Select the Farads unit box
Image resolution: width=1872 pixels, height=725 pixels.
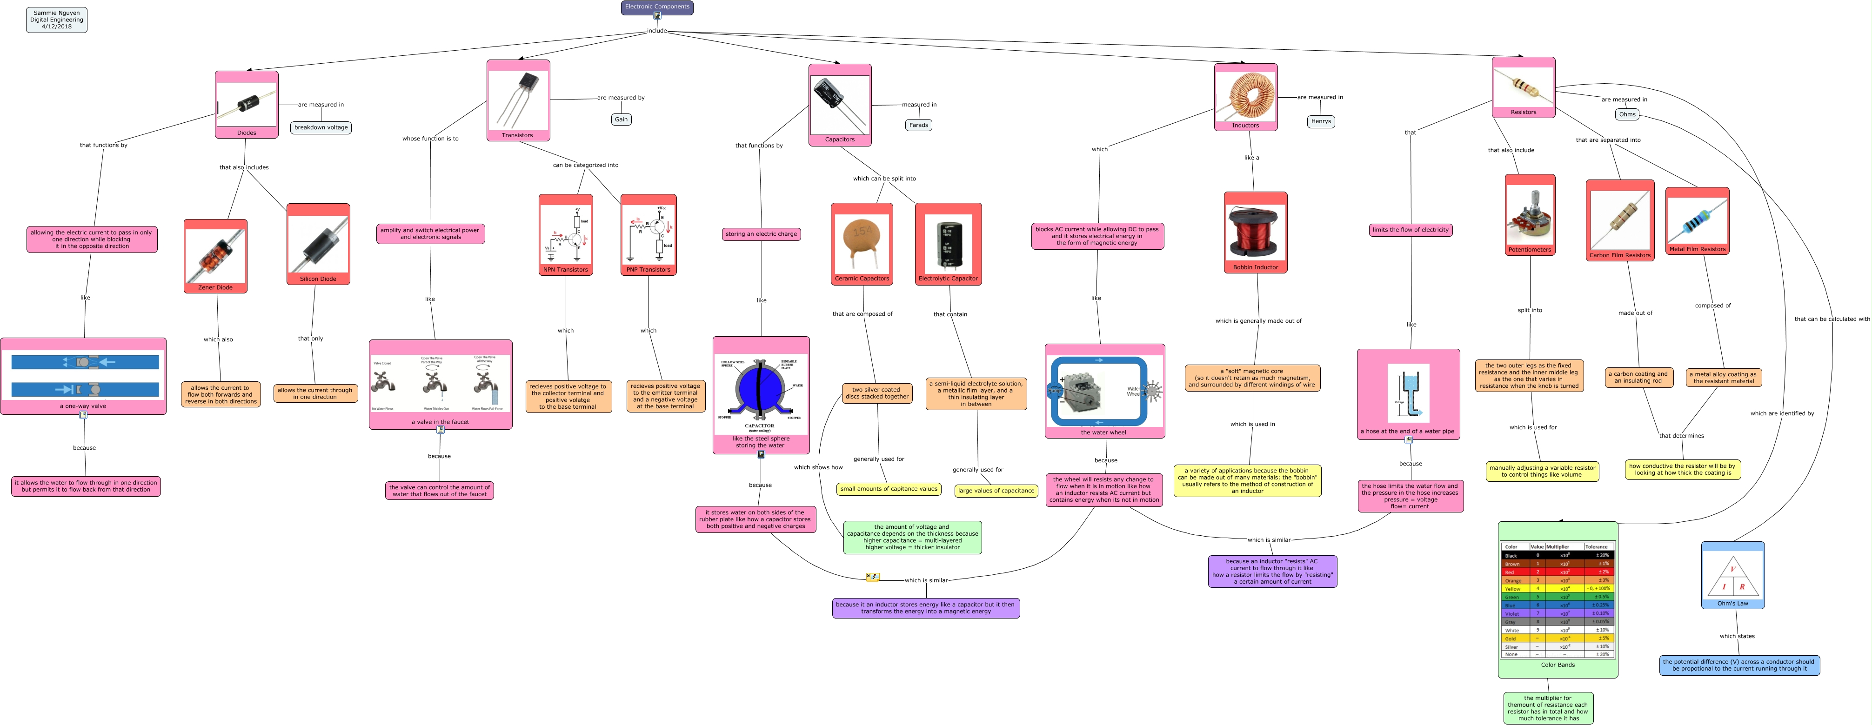coord(919,125)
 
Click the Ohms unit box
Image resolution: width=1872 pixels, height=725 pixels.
coord(1627,114)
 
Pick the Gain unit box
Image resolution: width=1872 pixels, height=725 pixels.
coord(622,119)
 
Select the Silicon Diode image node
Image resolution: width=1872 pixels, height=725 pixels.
coord(318,244)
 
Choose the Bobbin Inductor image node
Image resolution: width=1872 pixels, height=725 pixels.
coord(1255,233)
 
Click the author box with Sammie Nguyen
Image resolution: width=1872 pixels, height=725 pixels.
coord(57,20)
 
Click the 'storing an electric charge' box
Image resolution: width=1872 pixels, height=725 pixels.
coord(761,234)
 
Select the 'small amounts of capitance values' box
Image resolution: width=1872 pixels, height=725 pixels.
coord(888,489)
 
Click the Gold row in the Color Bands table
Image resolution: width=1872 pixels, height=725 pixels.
coord(1558,639)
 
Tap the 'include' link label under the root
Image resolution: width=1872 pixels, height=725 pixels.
coord(657,31)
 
